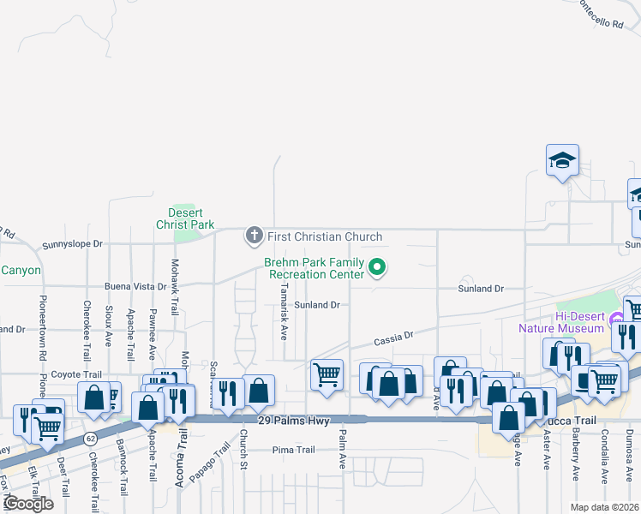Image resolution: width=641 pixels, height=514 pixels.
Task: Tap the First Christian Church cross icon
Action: click(254, 235)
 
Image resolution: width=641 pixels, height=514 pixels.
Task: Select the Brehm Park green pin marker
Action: click(376, 269)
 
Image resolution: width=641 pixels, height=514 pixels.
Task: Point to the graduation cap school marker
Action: click(562, 160)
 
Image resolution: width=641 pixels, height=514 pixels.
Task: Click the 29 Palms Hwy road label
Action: click(294, 421)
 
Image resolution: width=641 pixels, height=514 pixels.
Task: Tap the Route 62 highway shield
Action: click(90, 439)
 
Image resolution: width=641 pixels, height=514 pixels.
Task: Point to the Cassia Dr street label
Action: click(394, 338)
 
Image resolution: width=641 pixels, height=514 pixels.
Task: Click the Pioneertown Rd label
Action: click(42, 328)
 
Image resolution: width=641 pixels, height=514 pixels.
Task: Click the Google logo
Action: click(27, 504)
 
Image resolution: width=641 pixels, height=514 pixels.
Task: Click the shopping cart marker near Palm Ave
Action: click(326, 374)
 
